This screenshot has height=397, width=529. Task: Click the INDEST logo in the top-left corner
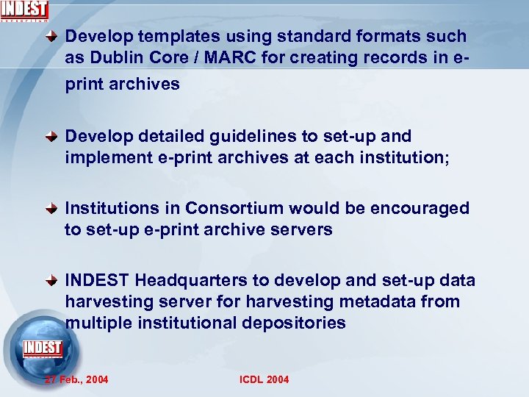point(24,11)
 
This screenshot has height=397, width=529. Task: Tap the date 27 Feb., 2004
point(76,379)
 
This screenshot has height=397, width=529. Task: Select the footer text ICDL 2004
point(264,379)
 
